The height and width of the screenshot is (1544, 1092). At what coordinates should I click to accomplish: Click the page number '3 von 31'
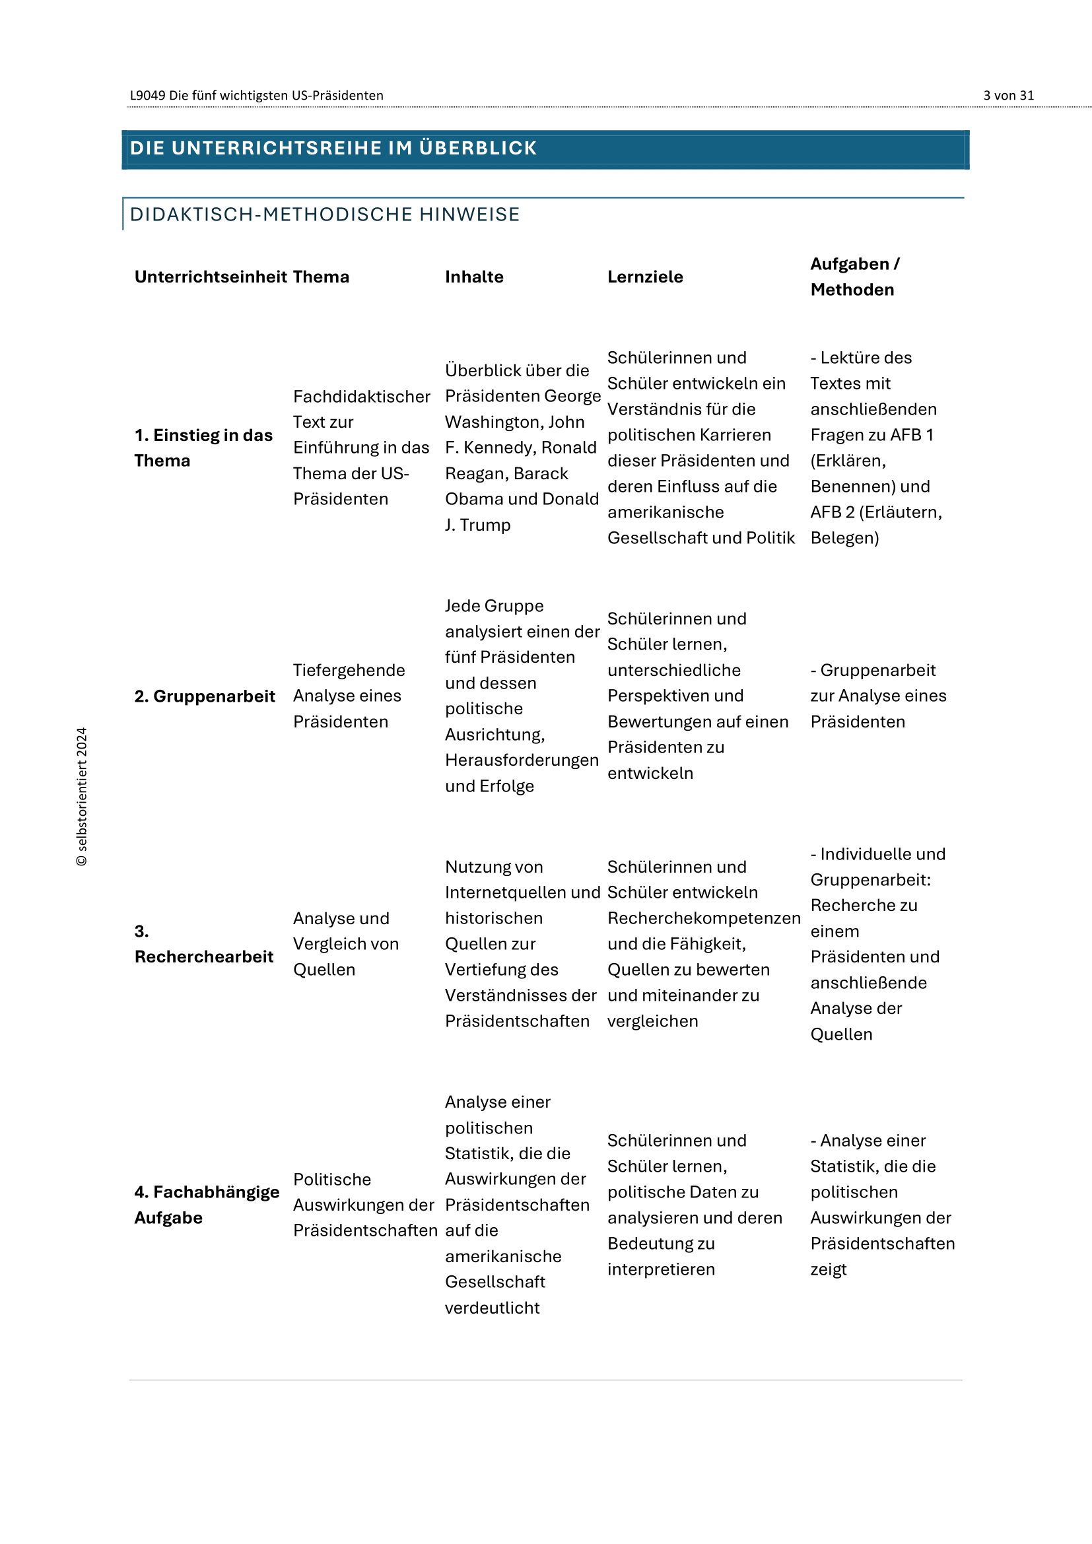[1008, 96]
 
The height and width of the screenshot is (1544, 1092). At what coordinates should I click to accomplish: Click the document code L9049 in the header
[147, 96]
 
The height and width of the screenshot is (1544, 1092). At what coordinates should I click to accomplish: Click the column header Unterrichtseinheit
[211, 277]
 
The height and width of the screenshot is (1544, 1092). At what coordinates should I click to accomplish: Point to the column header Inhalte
[474, 277]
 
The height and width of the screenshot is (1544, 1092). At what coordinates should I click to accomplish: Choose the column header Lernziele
[645, 277]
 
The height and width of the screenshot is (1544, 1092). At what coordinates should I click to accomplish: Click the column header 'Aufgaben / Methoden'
[854, 277]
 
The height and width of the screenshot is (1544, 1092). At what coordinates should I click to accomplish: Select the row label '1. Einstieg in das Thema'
[203, 448]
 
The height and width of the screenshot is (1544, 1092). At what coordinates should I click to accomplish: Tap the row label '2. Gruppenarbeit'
[205, 696]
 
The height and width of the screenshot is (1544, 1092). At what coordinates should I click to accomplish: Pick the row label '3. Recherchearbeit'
[203, 944]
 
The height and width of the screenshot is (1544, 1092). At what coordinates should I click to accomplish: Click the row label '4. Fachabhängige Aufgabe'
[206, 1205]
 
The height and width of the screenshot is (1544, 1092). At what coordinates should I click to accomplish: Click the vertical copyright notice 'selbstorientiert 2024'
[82, 797]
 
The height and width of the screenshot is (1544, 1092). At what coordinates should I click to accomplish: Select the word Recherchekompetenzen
[703, 919]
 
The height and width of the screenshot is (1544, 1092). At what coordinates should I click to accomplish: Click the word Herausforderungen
[521, 760]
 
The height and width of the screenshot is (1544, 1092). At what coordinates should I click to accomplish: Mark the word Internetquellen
[505, 893]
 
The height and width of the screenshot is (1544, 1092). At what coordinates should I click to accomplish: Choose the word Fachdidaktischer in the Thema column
[361, 397]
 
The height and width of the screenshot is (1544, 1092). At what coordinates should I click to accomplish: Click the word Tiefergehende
[349, 671]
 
